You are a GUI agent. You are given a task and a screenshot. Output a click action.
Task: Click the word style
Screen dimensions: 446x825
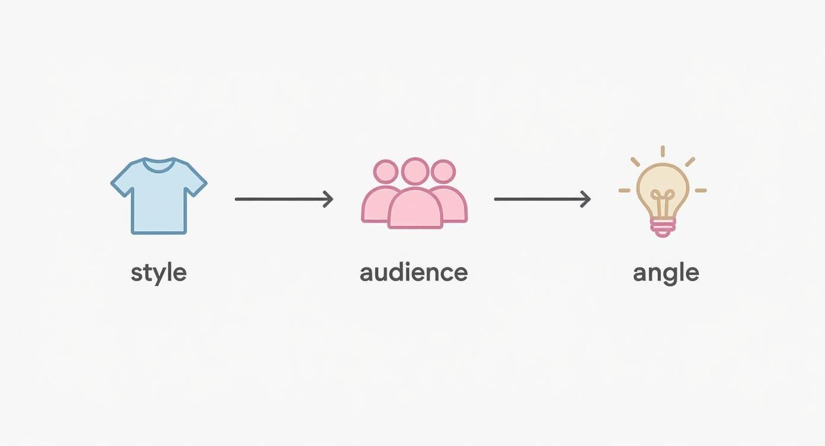point(158,273)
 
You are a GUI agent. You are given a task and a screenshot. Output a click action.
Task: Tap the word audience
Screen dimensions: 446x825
point(414,272)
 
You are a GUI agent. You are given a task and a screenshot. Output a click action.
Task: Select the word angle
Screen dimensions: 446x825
point(666,273)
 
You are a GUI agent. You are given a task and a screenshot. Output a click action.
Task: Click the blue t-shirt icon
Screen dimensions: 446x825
point(159,199)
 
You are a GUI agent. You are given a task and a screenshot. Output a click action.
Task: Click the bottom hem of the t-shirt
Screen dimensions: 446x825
point(159,231)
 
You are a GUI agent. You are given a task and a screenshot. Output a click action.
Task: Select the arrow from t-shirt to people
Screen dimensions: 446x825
point(283,199)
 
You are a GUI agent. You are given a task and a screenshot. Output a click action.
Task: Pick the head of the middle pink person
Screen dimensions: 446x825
point(415,171)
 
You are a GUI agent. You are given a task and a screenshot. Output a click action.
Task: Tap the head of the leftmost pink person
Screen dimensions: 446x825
point(386,172)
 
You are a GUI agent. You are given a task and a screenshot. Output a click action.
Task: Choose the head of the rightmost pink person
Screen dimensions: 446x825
point(443,172)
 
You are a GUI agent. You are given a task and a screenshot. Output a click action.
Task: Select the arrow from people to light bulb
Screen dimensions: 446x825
point(542,199)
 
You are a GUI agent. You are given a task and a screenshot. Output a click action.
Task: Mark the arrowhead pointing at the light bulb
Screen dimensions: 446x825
point(586,199)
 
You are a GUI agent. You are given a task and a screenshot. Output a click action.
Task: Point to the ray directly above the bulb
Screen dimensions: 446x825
point(663,151)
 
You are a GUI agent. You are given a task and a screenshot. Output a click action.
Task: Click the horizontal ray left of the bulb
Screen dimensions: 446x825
point(625,190)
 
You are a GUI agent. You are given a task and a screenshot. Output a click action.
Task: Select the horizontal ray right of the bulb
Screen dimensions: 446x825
point(701,190)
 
